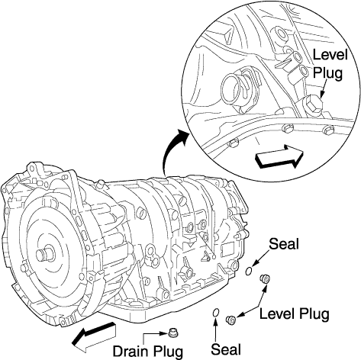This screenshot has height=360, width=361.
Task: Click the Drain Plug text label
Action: point(148,352)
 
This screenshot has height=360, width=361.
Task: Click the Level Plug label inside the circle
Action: point(330,63)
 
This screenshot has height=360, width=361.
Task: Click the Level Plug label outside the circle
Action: point(295,314)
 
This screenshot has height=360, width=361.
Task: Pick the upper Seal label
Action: point(284,244)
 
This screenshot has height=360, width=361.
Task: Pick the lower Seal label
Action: point(226,349)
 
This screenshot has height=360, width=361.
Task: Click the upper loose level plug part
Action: point(265,279)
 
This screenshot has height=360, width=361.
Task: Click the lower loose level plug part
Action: point(231,320)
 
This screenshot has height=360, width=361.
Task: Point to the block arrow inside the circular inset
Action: point(279,156)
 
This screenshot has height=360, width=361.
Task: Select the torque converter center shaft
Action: point(44,255)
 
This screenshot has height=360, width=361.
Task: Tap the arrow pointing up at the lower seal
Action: point(215,329)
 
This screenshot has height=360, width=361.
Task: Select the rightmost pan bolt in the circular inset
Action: point(328,131)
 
